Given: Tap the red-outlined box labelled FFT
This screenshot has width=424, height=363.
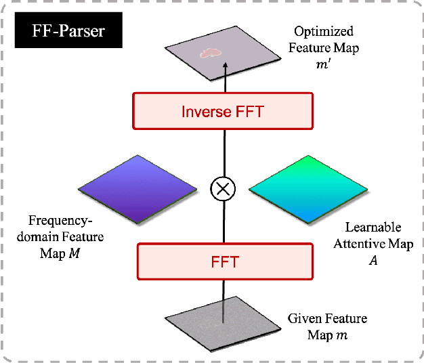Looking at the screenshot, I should (x=226, y=261).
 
